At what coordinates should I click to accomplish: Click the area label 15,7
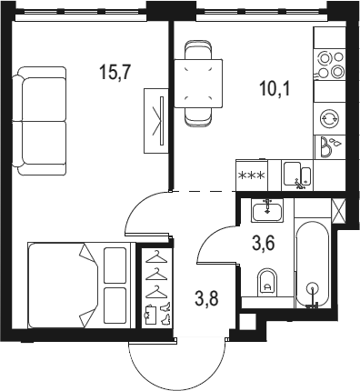click(x=115, y=73)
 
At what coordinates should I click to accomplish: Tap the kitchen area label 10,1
click(x=275, y=89)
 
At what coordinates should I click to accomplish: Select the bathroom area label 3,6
click(x=264, y=244)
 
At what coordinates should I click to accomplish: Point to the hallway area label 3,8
click(x=207, y=298)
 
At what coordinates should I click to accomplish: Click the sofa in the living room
click(x=39, y=121)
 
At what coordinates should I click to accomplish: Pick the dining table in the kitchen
click(x=198, y=83)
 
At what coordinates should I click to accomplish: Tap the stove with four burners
click(x=330, y=65)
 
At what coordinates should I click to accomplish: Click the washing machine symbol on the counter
click(x=330, y=118)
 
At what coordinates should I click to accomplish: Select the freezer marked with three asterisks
click(x=252, y=175)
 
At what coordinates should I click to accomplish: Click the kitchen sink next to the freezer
click(x=297, y=175)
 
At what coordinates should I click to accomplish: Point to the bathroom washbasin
click(x=267, y=210)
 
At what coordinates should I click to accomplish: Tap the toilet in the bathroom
click(x=267, y=283)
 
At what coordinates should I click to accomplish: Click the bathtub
click(x=312, y=263)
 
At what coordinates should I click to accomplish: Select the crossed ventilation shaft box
click(x=338, y=211)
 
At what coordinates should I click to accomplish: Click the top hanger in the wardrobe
click(x=156, y=257)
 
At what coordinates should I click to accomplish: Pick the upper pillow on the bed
click(x=115, y=266)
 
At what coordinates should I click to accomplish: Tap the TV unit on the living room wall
click(x=156, y=121)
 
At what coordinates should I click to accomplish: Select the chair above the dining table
click(x=198, y=50)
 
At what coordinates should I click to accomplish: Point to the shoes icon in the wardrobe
click(x=165, y=313)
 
